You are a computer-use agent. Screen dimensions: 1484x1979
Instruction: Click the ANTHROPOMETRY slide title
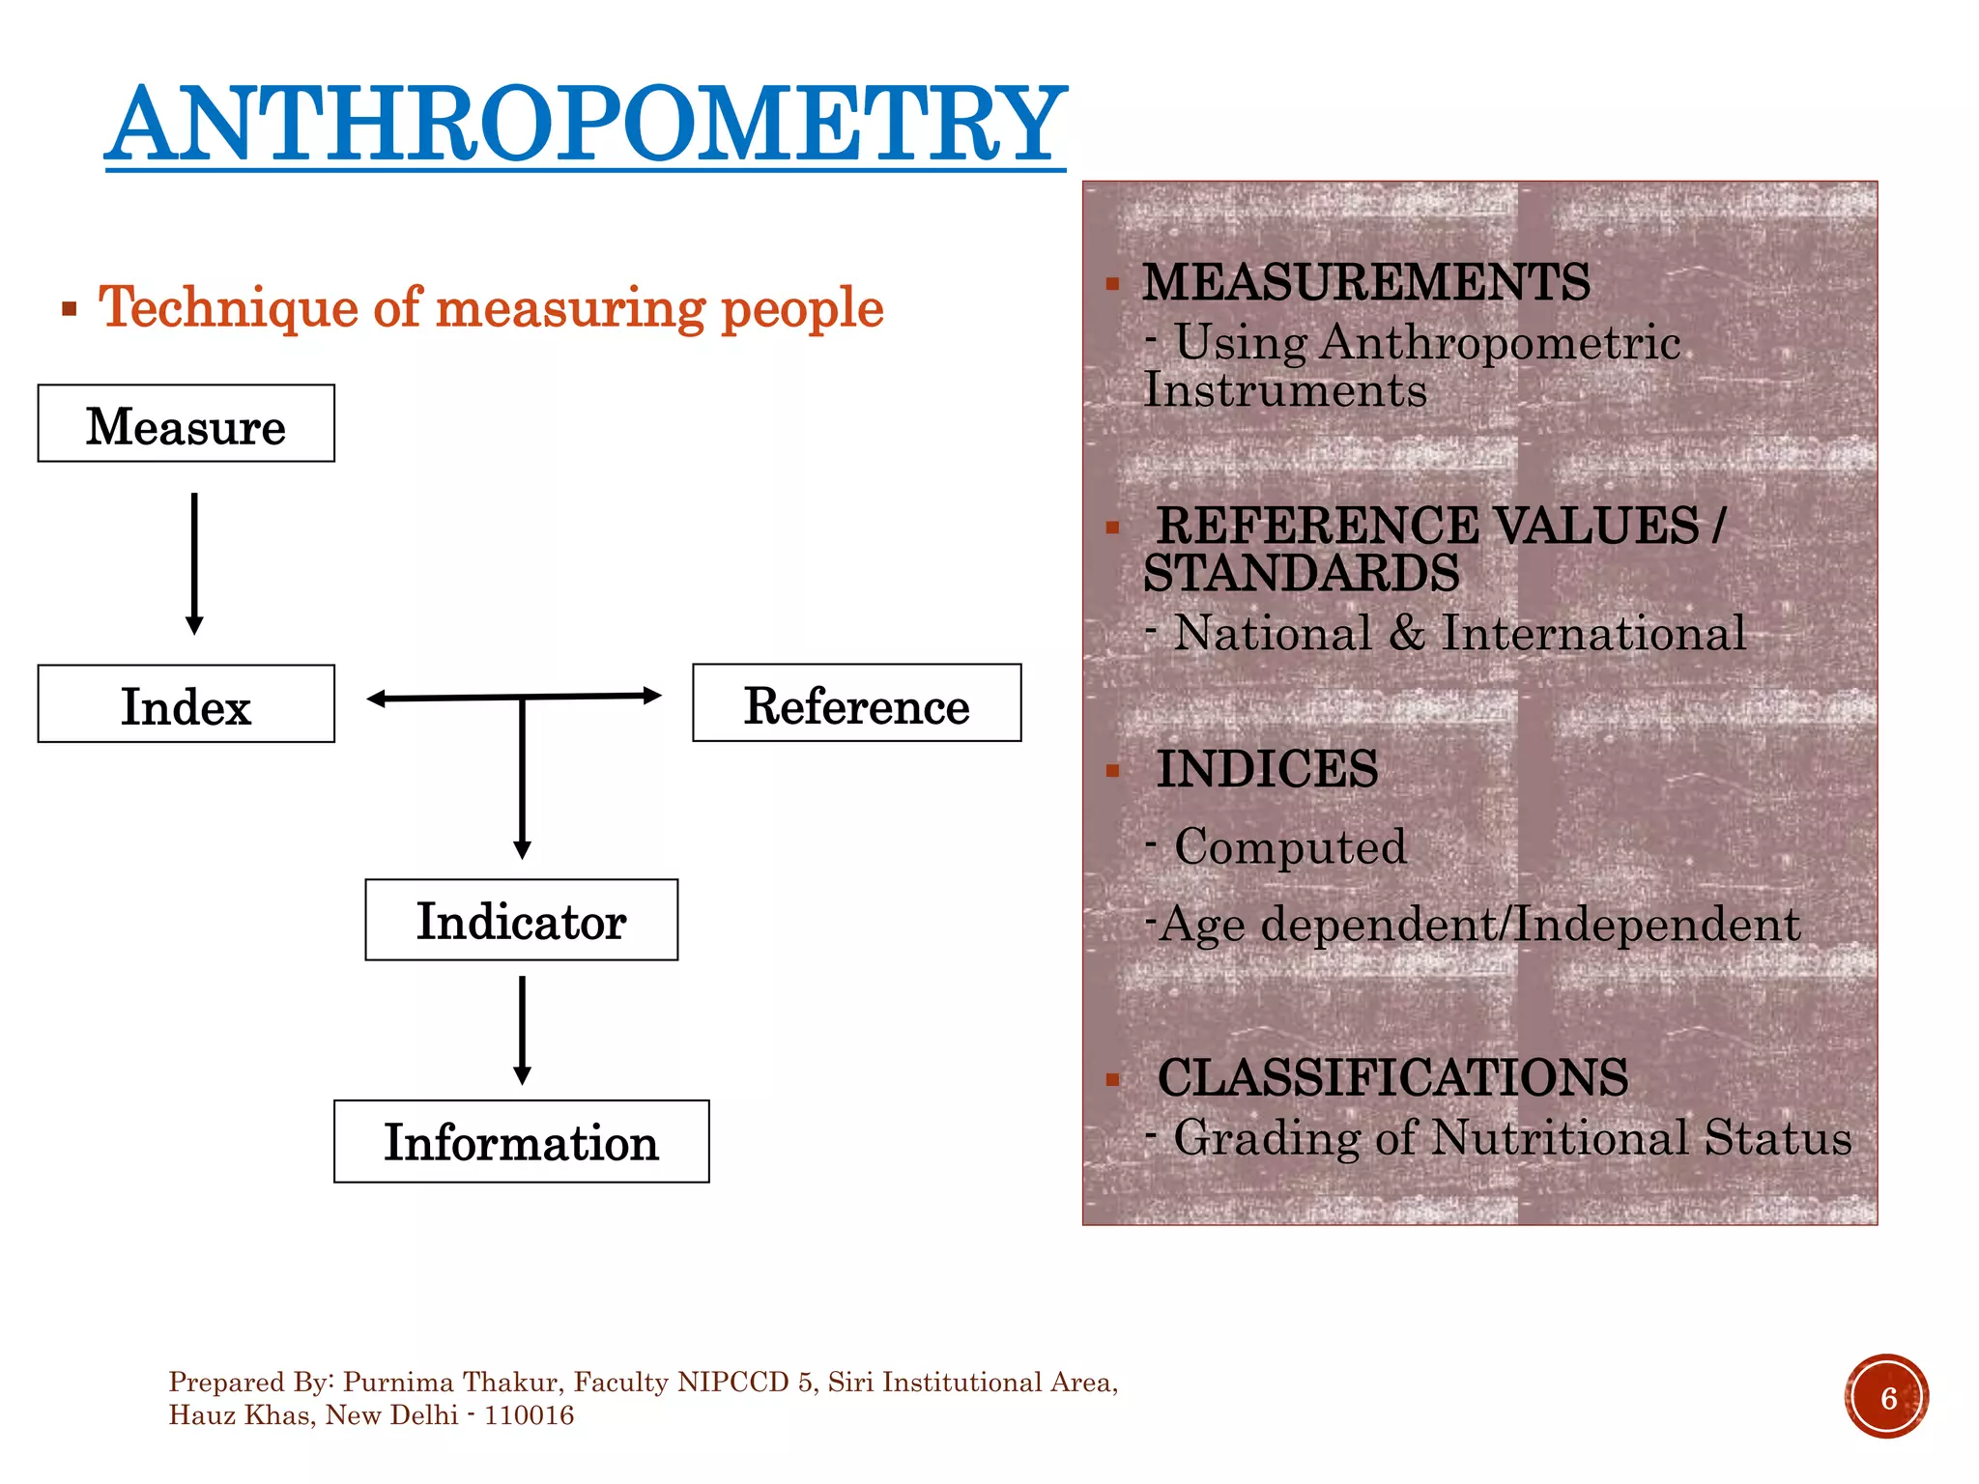point(586,126)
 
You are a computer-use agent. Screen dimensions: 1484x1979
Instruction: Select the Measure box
point(186,424)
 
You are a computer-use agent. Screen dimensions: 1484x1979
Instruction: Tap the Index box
point(186,704)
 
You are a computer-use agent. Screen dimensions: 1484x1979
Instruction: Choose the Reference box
point(856,703)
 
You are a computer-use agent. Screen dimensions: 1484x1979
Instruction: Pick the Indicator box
point(521,920)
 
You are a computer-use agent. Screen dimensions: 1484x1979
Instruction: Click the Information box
point(521,1142)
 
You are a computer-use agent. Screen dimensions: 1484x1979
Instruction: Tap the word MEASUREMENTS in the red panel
point(1365,283)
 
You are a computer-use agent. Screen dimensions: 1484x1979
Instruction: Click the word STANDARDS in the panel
point(1301,574)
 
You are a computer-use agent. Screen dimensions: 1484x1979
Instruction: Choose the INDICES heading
point(1267,770)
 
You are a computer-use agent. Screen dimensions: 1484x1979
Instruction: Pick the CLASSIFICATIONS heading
point(1391,1078)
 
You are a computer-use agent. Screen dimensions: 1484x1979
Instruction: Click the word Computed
point(1290,847)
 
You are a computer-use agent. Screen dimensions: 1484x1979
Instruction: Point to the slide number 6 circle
point(1887,1397)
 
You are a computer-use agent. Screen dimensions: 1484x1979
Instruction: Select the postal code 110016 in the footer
point(529,1416)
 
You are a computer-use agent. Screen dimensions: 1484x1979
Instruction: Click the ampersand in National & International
point(1407,635)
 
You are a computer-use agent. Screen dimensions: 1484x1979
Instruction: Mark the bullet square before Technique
point(69,310)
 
